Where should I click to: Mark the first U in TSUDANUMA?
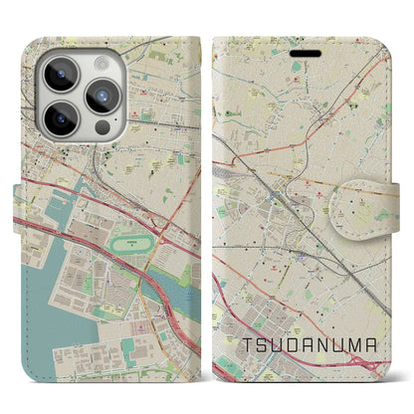click(277, 346)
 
